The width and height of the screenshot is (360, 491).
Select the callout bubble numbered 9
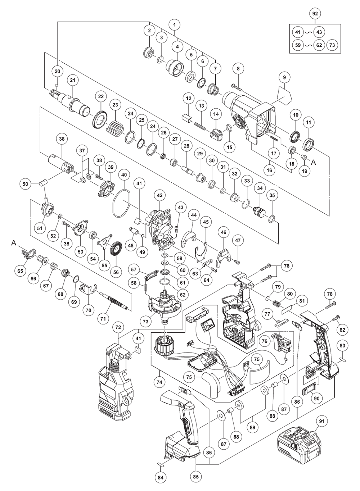point(284,77)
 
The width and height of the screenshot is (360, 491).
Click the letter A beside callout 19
point(313,163)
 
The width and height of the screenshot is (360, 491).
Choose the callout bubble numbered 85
point(195,477)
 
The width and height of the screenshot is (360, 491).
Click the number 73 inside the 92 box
point(332,45)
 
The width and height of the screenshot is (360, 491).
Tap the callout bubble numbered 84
point(160,477)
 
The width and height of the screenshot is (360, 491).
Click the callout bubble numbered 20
point(57,71)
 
